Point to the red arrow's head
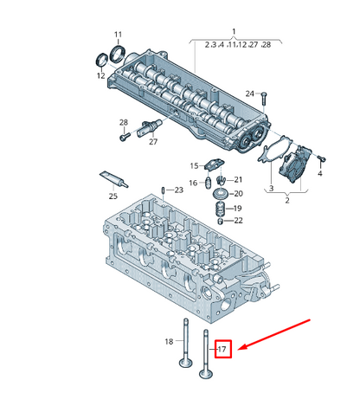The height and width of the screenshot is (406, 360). [x=242, y=347]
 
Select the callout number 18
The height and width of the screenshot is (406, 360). [x=169, y=342]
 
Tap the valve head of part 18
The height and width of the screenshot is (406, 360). [x=186, y=363]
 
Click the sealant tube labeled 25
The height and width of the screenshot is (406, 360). [x=113, y=179]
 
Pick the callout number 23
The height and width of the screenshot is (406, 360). [x=179, y=190]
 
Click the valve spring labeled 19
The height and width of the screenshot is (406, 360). [x=220, y=209]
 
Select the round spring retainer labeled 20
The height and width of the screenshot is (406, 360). [x=221, y=194]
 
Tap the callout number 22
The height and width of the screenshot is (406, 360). [x=238, y=221]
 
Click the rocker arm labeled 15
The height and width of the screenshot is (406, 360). [x=214, y=164]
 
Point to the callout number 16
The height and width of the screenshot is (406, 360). [x=193, y=183]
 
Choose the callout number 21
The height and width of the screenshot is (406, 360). [x=238, y=180]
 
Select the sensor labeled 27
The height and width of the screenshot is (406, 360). [x=150, y=127]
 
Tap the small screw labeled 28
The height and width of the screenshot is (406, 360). [x=124, y=137]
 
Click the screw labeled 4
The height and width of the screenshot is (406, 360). [x=321, y=158]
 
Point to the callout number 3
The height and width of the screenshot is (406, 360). [x=271, y=189]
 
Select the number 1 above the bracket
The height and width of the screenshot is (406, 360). [x=234, y=31]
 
